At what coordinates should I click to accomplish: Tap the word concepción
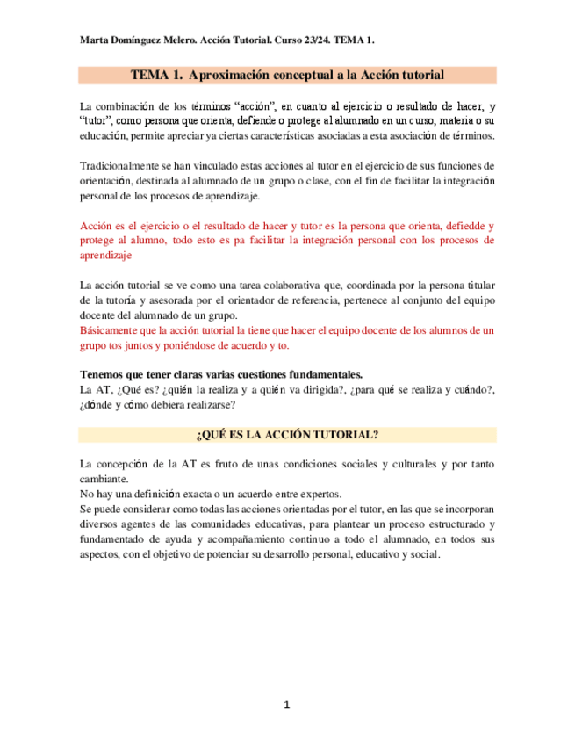tap(139, 464)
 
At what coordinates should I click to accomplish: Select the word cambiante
tap(104, 479)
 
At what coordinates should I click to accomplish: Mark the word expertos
tap(316, 494)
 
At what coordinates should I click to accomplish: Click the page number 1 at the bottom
tap(286, 705)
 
